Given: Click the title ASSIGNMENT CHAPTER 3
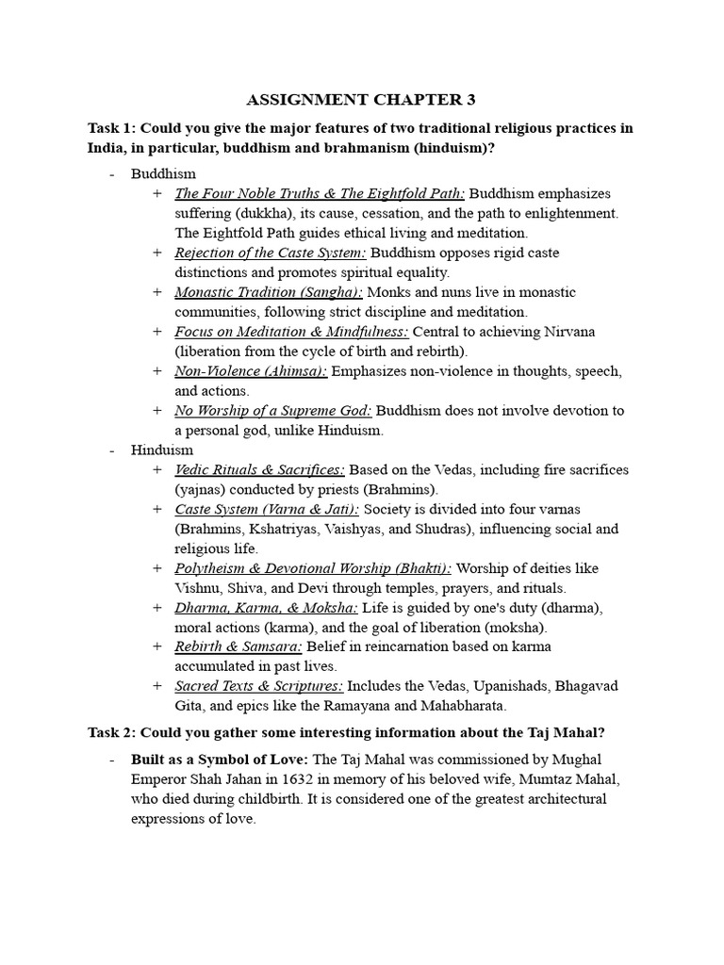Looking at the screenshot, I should (361, 99).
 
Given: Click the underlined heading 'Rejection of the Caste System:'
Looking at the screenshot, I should (271, 253).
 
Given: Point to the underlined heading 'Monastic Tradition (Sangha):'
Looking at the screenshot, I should (268, 292).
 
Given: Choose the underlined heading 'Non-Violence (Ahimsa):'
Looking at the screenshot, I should (251, 371).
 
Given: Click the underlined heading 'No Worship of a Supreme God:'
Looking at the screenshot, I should (273, 411).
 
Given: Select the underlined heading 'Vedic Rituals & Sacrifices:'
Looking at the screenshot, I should (260, 469).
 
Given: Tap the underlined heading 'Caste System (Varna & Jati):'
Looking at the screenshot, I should (267, 509).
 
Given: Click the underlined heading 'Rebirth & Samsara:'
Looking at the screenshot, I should (239, 646).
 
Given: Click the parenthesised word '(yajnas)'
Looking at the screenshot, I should (203, 489).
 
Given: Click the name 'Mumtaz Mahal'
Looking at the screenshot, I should (583, 779).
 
